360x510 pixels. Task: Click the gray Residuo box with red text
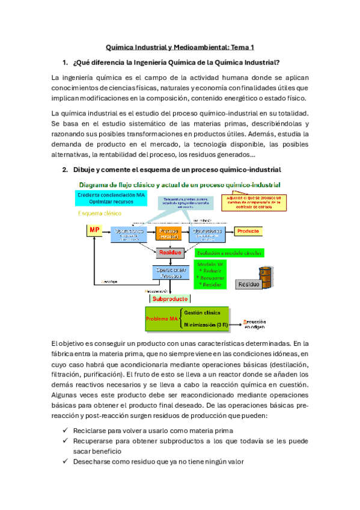coord(170,253)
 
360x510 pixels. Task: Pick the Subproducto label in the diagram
coord(169,298)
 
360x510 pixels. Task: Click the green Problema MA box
coord(163,318)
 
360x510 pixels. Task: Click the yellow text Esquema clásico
coord(99,214)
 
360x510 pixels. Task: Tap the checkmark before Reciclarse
coord(65,431)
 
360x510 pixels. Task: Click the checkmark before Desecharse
coord(65,462)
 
